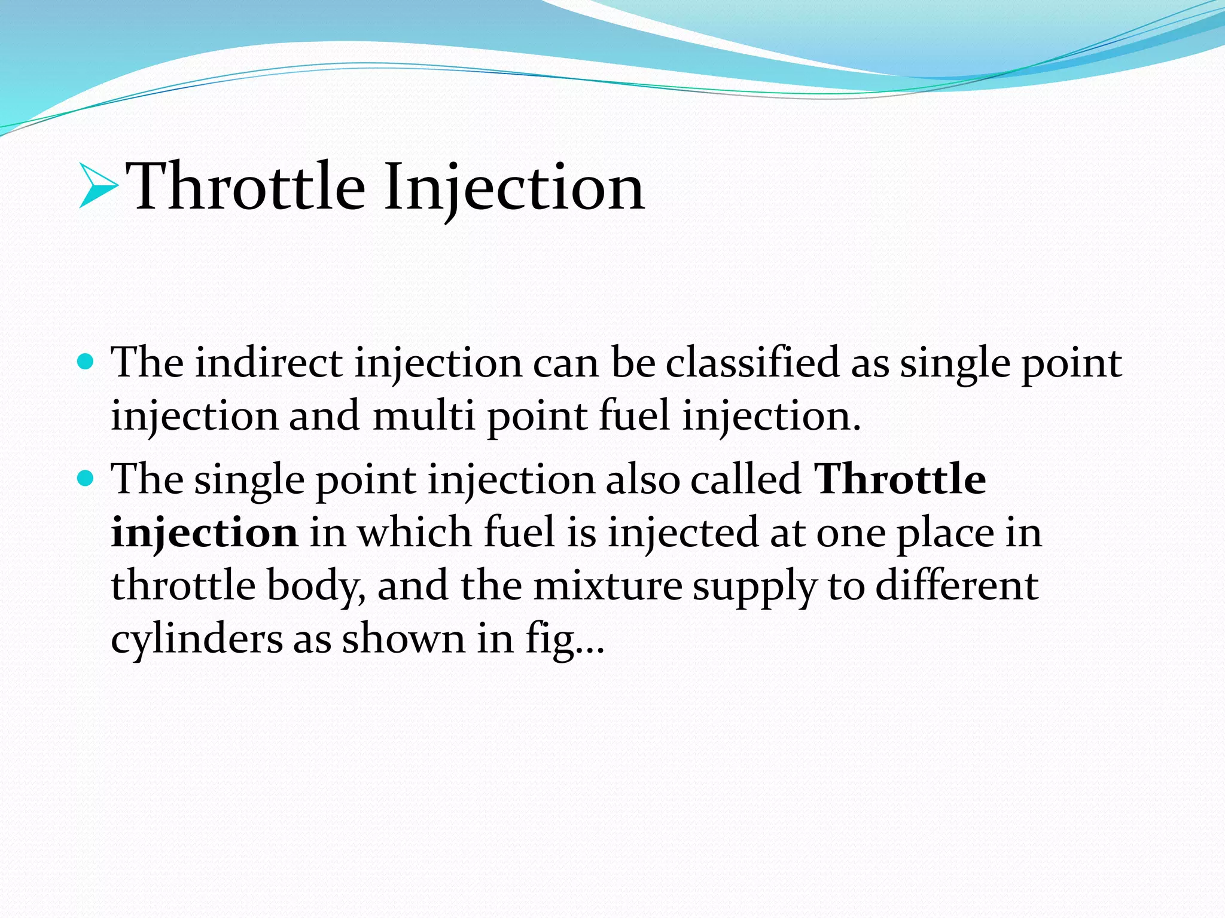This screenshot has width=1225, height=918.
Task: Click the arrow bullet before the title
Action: (x=97, y=188)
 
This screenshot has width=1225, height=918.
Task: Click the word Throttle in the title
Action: (x=246, y=186)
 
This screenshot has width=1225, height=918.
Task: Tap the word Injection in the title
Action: (x=514, y=188)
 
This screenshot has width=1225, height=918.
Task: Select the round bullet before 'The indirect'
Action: (x=86, y=362)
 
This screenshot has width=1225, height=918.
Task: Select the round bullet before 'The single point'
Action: (x=86, y=478)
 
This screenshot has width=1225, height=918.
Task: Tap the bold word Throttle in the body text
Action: (x=901, y=479)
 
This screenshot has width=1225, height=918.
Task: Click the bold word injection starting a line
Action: (x=204, y=532)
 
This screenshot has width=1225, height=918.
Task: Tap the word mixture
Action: (x=607, y=585)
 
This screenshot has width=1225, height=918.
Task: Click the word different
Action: (x=957, y=585)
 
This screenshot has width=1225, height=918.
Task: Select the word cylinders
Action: (x=197, y=639)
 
